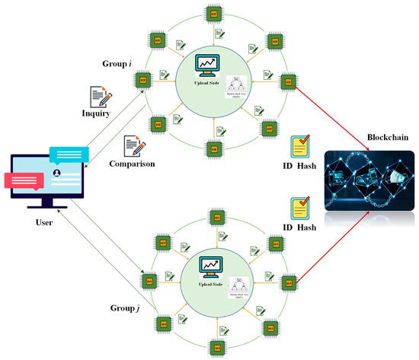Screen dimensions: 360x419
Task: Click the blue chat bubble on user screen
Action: pos(69,156)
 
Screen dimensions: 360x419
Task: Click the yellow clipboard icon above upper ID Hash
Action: pos(299,145)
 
